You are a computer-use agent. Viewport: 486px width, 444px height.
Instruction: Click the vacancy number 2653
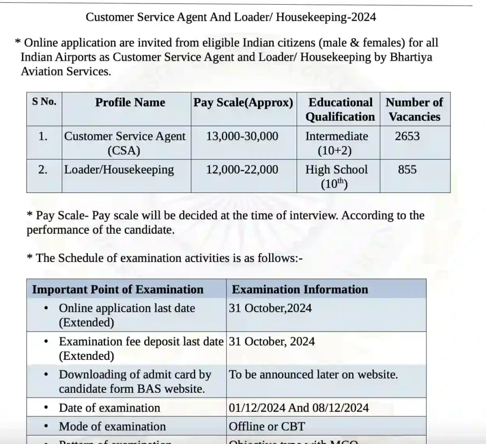407,136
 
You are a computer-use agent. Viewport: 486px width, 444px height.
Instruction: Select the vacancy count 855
407,170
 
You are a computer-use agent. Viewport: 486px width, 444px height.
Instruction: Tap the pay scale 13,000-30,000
242,136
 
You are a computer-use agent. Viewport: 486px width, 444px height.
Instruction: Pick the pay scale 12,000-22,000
242,170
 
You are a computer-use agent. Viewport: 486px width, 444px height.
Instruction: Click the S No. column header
44,101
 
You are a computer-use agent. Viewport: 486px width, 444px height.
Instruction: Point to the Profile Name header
130,102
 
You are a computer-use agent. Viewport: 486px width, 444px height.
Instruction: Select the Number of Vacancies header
414,109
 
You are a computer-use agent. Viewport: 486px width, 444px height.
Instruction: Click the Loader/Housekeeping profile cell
119,170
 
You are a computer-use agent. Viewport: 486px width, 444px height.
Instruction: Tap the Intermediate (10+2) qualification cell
336,143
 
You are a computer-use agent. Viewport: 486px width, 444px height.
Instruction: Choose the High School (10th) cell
336,176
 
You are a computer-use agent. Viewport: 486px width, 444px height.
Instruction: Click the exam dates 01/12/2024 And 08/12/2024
299,408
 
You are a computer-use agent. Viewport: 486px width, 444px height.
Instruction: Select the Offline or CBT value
267,426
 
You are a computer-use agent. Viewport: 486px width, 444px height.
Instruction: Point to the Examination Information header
300,290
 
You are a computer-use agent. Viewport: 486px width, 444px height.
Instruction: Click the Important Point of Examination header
118,290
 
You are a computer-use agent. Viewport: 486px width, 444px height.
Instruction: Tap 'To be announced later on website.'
313,374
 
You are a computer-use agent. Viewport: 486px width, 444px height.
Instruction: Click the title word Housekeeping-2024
326,18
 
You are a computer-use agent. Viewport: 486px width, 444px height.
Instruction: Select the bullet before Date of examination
46,408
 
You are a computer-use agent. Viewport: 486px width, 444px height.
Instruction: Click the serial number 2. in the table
43,170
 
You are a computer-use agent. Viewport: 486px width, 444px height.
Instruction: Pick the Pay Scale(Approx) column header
243,102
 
